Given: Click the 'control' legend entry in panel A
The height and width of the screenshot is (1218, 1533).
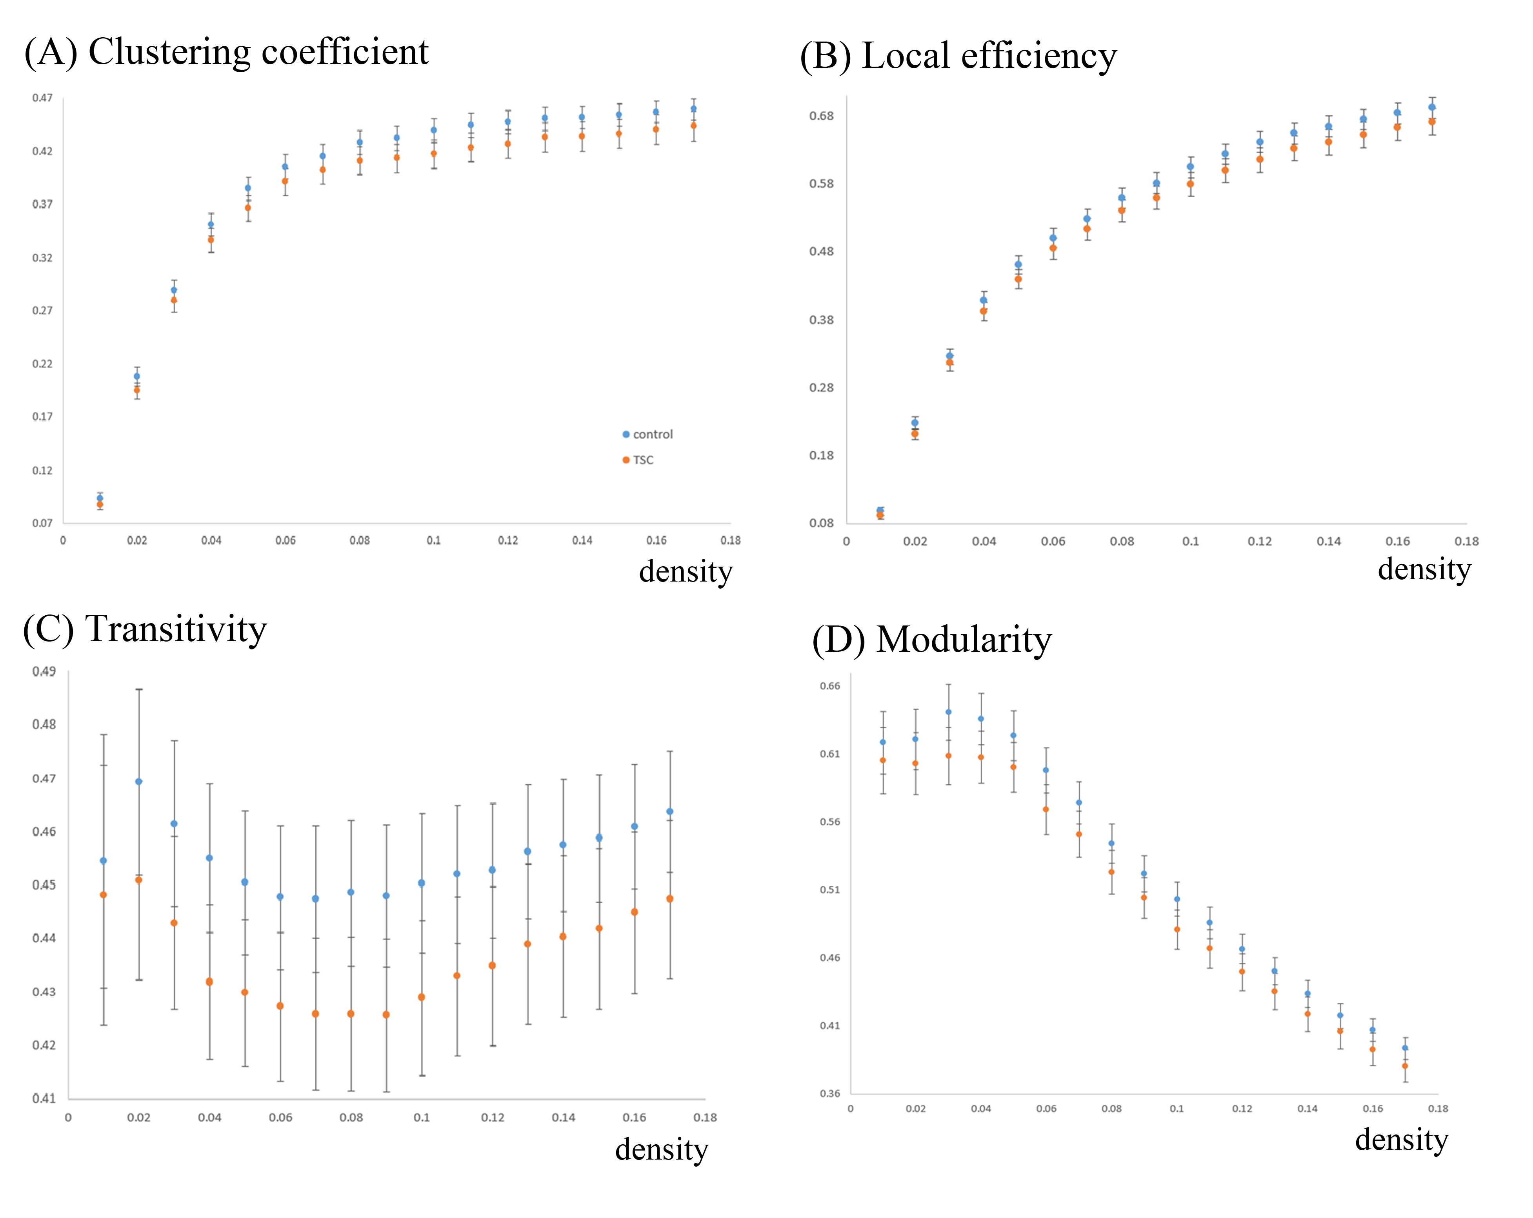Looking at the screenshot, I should (652, 434).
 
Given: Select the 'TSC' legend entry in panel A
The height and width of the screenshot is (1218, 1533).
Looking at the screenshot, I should (643, 460).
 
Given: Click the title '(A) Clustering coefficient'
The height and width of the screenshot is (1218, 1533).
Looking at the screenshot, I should (226, 52).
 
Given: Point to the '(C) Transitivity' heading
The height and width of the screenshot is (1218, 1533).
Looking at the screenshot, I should (145, 629).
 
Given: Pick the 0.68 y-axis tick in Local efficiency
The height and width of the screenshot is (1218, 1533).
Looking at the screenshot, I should (821, 116).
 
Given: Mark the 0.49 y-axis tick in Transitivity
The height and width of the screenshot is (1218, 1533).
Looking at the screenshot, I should (44, 671).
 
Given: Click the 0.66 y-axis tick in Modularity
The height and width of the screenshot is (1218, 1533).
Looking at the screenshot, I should (830, 686).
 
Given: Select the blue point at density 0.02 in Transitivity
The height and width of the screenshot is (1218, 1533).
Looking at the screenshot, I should (139, 782).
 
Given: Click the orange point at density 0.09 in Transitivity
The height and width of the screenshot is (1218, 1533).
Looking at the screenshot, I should (386, 1014).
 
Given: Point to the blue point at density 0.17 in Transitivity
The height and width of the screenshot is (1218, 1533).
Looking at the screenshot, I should (670, 811).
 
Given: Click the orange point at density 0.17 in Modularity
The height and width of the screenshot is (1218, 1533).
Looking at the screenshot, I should (1405, 1066).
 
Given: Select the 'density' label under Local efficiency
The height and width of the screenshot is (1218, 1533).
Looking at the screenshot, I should (1424, 569).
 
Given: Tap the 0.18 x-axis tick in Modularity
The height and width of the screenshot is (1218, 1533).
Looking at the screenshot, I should (1438, 1109).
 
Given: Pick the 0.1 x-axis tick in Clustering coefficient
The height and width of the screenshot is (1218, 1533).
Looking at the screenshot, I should (434, 540).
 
